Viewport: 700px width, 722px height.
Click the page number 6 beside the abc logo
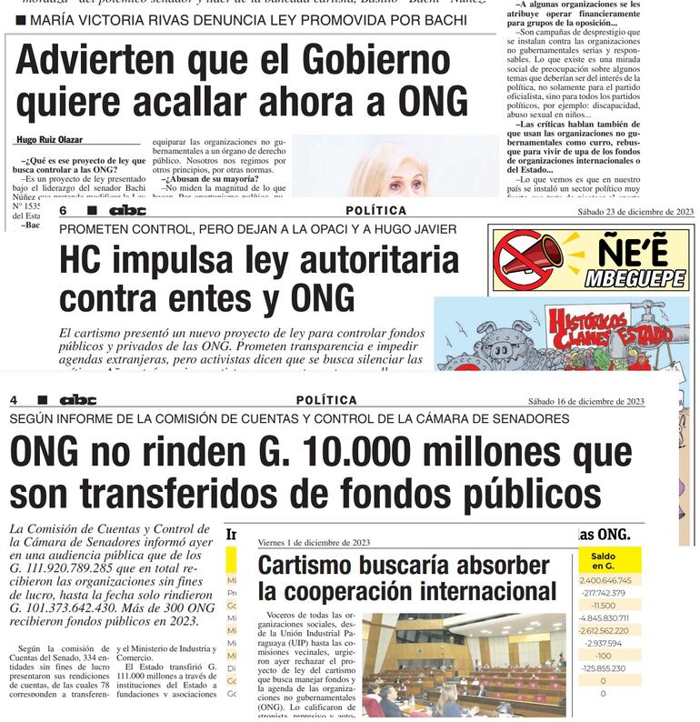pos(63,211)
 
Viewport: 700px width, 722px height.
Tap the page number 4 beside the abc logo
pos(14,400)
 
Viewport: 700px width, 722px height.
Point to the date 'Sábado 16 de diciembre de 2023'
pos(586,401)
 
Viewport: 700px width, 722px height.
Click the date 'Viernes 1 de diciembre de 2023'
pos(314,542)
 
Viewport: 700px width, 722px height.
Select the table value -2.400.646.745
pos(605,580)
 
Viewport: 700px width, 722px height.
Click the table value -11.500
pos(605,605)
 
